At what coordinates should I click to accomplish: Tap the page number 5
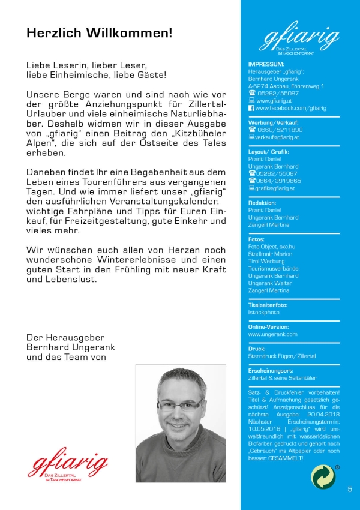click(x=350, y=490)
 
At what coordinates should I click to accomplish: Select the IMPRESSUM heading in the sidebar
click(x=266, y=64)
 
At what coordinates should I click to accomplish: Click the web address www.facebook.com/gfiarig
click(x=290, y=108)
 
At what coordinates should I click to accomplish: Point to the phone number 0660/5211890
click(x=280, y=130)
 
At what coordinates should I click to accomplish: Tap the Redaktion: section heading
click(x=262, y=203)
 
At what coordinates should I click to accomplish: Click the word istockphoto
click(x=264, y=312)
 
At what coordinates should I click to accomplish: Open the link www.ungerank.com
click(x=273, y=334)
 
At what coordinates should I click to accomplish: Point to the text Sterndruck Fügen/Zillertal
click(x=282, y=356)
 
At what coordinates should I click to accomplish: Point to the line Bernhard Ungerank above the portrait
click(x=70, y=347)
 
